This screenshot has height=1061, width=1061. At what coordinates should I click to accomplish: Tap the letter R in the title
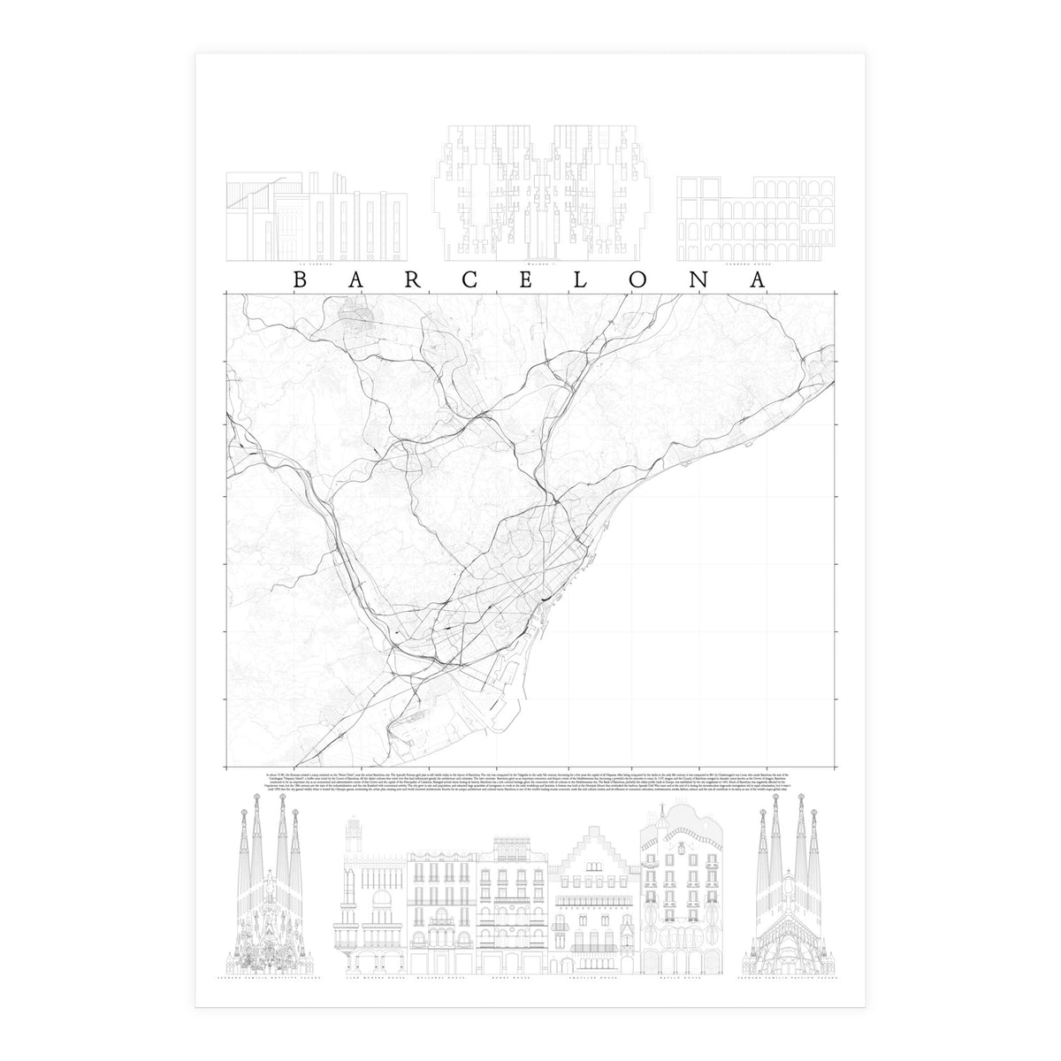pos(415,279)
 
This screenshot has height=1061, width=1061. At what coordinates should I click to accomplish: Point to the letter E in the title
pos(530,279)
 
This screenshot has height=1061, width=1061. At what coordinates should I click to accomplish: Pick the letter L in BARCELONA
pos(586,279)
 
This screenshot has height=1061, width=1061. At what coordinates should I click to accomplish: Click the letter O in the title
pos(643,279)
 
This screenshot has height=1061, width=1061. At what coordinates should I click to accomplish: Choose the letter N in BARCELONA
pos(700,279)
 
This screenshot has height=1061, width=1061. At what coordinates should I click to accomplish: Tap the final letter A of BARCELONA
pos(758,279)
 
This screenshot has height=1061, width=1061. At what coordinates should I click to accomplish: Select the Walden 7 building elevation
pos(541,195)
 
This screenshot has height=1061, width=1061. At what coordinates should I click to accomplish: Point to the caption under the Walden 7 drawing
pos(540,264)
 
